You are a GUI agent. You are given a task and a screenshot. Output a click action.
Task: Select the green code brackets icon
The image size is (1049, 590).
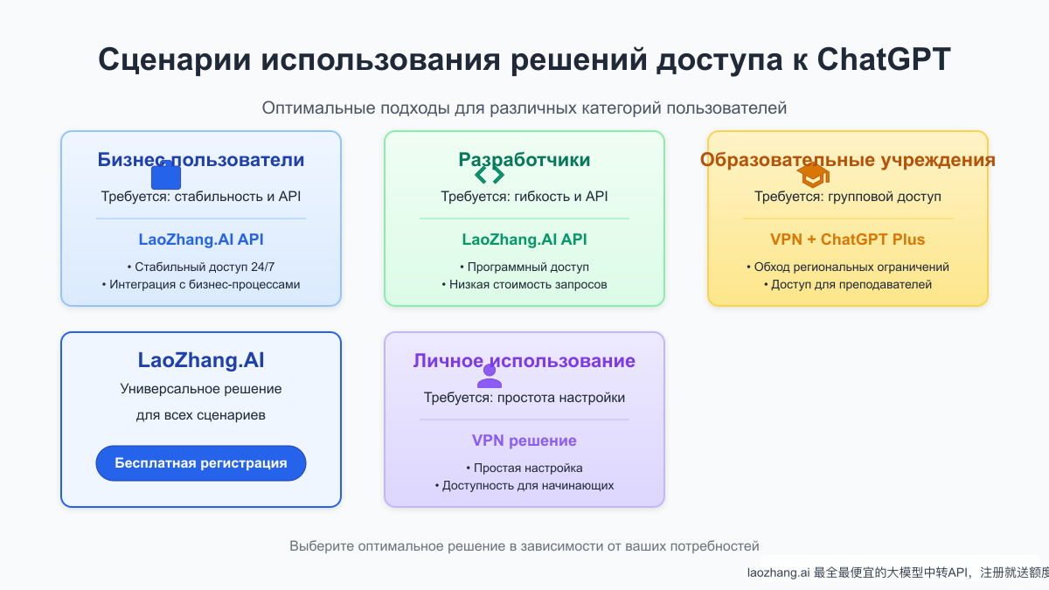(x=490, y=175)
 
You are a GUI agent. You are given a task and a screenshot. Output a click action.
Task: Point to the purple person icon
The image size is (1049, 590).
(x=490, y=376)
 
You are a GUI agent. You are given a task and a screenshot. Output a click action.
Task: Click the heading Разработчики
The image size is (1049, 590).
(x=524, y=159)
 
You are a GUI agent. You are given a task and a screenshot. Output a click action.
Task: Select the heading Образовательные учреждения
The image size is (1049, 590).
(x=847, y=159)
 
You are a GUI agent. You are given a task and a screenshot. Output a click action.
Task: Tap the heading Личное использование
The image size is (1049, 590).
(x=524, y=361)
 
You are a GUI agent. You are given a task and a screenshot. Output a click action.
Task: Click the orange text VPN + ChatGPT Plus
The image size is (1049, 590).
(x=847, y=239)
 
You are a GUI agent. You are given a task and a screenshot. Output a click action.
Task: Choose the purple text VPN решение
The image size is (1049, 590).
(x=524, y=441)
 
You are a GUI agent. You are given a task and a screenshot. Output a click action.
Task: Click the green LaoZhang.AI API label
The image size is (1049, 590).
(x=524, y=239)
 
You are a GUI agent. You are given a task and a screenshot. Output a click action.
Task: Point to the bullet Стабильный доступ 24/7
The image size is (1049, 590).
(x=200, y=267)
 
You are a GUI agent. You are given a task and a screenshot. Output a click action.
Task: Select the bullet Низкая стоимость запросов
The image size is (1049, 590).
(x=524, y=284)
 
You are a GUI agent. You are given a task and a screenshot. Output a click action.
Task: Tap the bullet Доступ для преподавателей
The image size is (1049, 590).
(x=847, y=284)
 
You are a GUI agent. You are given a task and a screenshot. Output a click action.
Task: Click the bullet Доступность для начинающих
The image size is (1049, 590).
(x=524, y=485)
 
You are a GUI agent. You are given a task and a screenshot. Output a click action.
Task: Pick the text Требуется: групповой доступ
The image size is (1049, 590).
(x=847, y=197)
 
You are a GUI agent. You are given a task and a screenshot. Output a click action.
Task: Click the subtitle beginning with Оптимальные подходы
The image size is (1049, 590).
(x=524, y=108)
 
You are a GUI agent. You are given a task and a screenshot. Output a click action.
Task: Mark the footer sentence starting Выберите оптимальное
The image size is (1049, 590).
(x=524, y=546)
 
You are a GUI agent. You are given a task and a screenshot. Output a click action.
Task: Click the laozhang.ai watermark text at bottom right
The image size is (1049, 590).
(x=896, y=573)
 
